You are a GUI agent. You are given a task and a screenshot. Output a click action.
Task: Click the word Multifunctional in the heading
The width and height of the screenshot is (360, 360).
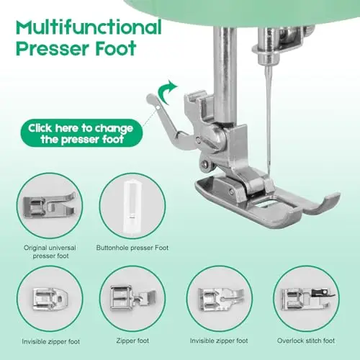(x=89, y=27)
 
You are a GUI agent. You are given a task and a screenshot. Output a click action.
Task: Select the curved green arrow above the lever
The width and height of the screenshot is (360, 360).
(x=167, y=93)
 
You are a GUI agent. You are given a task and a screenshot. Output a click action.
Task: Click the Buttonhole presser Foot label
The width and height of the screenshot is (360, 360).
(x=132, y=248)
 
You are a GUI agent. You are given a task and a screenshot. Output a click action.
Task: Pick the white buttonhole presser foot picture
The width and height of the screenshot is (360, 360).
(x=132, y=206)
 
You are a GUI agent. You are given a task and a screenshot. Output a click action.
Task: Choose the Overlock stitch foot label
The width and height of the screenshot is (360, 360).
(x=306, y=341)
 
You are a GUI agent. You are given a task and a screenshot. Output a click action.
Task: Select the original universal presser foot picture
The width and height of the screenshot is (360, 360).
(x=49, y=206)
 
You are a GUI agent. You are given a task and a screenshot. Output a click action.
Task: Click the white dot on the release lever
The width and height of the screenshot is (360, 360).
(x=158, y=108)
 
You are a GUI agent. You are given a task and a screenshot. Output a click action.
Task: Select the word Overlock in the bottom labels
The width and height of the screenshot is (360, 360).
(x=290, y=341)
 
